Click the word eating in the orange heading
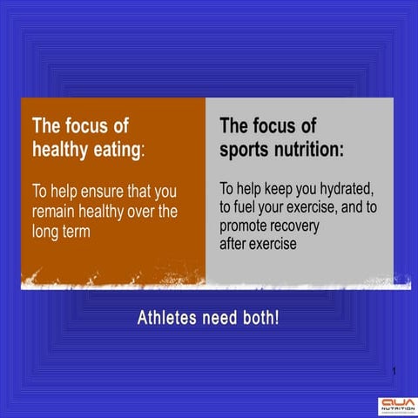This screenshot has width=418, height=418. point(111,150)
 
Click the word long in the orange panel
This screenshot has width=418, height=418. point(48,231)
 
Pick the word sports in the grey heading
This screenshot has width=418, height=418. point(246,150)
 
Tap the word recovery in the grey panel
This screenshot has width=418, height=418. point(297,226)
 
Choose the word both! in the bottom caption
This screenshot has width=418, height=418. point(262,318)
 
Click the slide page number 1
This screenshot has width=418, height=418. point(394,373)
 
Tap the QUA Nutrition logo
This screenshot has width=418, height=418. point(397,405)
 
